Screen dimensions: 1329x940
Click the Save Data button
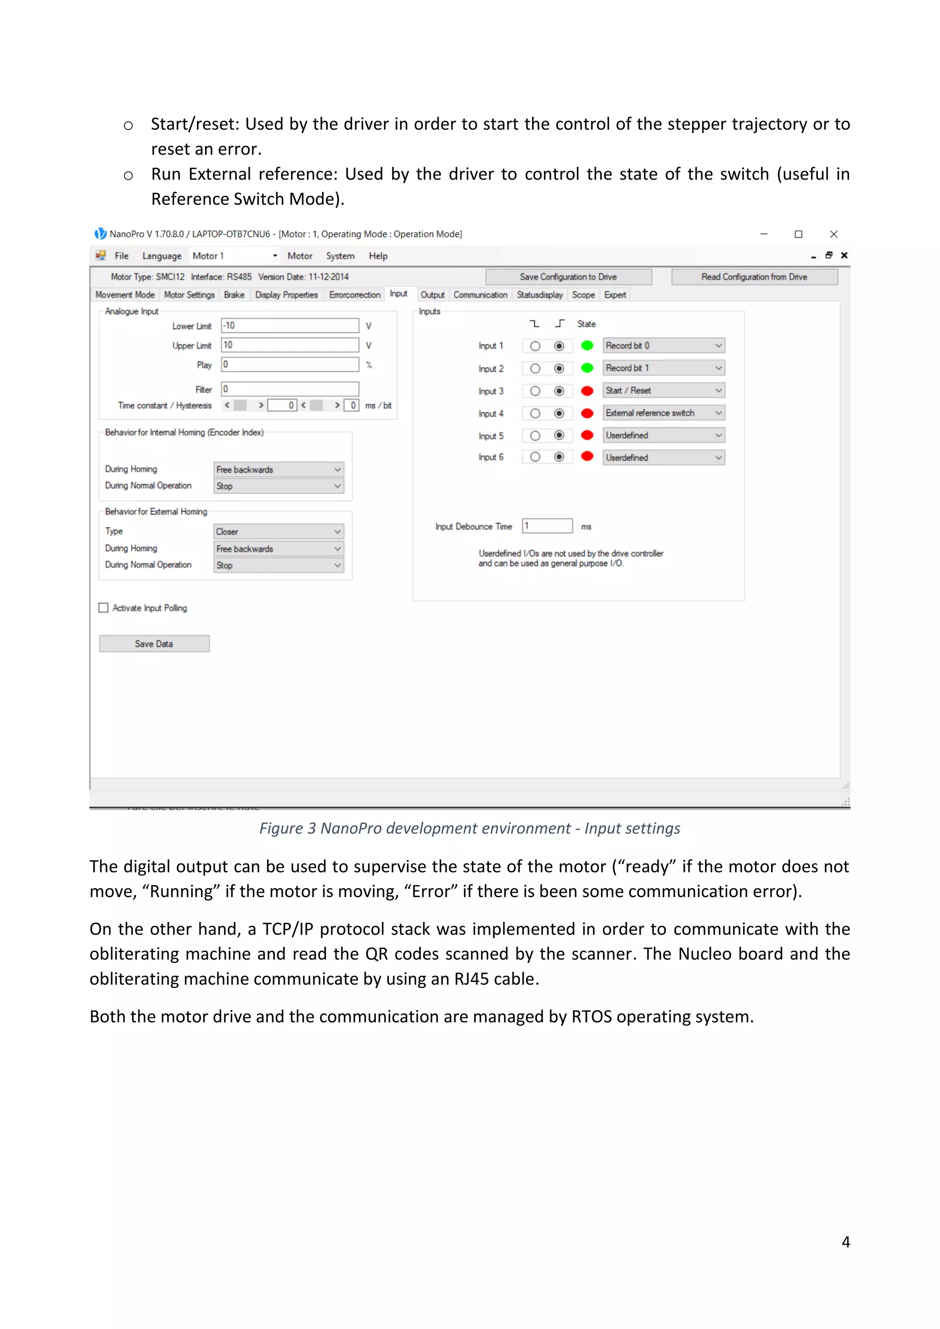[x=154, y=644]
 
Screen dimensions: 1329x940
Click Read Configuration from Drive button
[x=754, y=277]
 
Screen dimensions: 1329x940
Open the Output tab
[x=432, y=295]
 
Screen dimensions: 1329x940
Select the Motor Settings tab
[x=189, y=295]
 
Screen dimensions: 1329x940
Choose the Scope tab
[x=583, y=295]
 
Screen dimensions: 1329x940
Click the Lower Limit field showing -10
[x=290, y=326]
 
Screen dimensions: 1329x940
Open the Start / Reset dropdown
[x=663, y=391]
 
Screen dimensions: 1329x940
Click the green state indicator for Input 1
[x=587, y=346]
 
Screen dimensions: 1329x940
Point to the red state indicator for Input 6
[x=587, y=457]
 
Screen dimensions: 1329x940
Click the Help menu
[x=378, y=256]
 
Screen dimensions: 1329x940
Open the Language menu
[x=162, y=256]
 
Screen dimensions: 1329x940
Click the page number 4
[x=845, y=1242]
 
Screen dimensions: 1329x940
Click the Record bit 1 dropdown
[x=663, y=368]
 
